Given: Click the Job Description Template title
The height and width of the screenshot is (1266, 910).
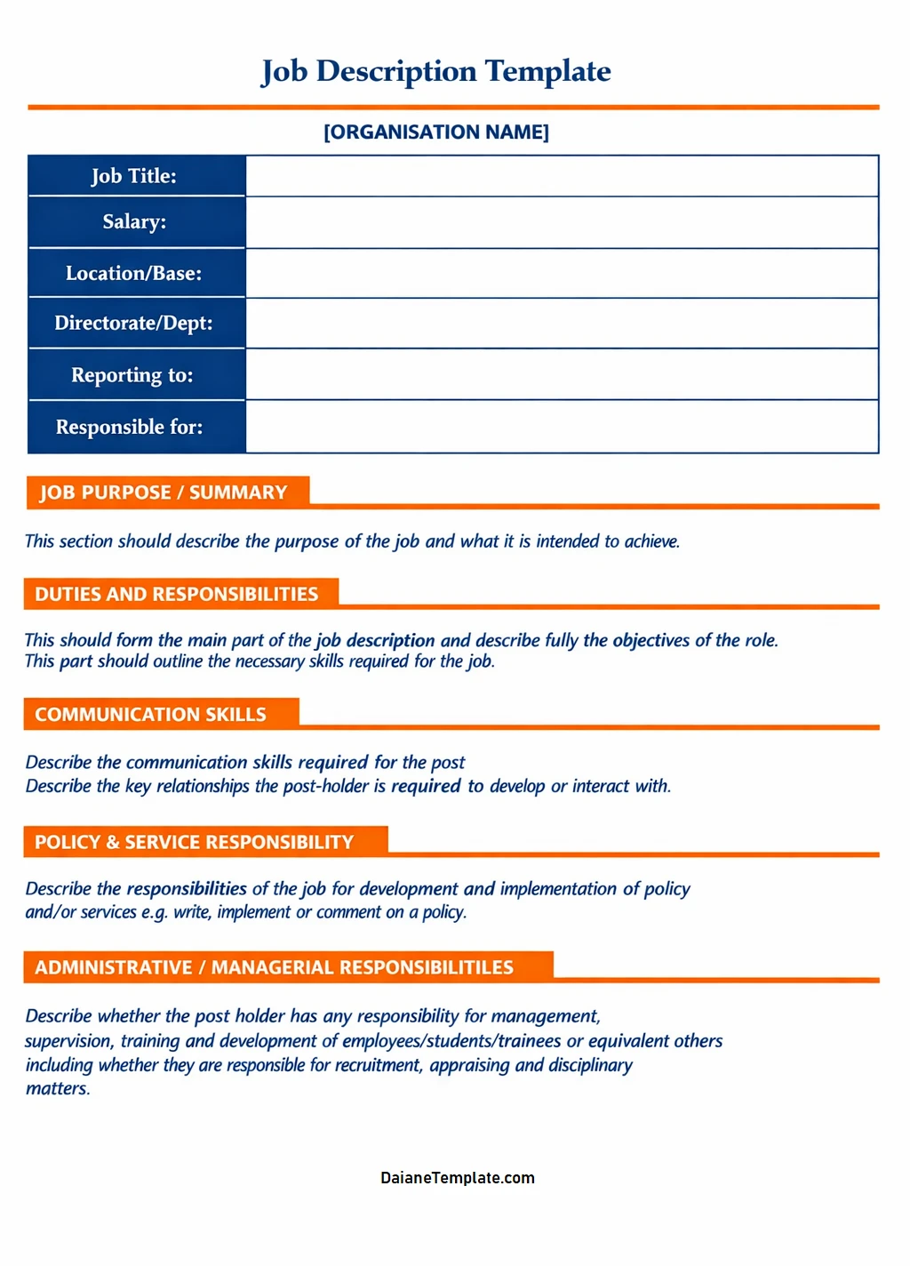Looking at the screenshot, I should tap(435, 71).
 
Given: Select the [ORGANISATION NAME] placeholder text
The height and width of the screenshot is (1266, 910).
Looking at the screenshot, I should tap(435, 132).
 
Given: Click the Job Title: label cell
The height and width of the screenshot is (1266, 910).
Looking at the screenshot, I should tap(134, 176).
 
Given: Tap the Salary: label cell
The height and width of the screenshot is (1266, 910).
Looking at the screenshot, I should tap(134, 221).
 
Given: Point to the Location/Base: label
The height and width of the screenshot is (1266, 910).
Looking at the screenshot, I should tap(134, 273).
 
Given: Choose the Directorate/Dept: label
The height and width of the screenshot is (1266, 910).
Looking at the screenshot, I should tap(134, 323).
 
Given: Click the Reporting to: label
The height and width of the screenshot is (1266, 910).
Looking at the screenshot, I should tap(132, 375).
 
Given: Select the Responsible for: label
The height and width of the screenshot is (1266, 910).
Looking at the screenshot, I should tap(130, 427).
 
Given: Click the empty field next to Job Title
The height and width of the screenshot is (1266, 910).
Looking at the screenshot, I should tap(562, 176).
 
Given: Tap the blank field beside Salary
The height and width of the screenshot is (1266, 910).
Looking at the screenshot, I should tap(562, 222).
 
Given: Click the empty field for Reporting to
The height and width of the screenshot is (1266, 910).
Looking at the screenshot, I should tap(562, 374).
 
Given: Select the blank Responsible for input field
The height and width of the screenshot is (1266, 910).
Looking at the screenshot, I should tap(562, 427).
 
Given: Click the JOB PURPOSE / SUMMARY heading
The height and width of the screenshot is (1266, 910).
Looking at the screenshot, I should tap(164, 493).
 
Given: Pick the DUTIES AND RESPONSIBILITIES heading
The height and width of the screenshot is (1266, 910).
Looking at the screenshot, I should tap(177, 594).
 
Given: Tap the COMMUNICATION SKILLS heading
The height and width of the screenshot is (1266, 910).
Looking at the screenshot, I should tap(151, 714).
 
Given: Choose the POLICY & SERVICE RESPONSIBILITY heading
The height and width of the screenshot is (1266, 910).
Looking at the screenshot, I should tap(195, 842).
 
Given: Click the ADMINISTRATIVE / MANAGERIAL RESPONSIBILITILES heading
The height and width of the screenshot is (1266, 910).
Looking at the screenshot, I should tap(275, 967).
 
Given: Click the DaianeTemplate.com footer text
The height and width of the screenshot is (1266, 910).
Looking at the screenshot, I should tap(458, 1178).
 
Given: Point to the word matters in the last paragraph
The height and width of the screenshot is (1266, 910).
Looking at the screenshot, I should tap(57, 1089).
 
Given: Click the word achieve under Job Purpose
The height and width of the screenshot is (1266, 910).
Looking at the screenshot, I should tap(651, 541).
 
